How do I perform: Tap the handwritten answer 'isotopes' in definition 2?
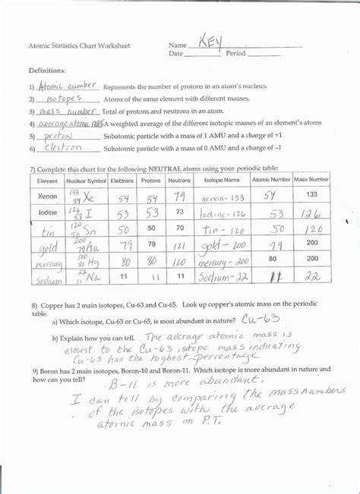point(62,99)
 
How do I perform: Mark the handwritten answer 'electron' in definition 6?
point(63,147)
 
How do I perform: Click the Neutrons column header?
point(179,181)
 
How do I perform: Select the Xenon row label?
point(47,195)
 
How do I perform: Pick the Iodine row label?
point(48,212)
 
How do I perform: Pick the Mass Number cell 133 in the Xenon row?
point(311,194)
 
